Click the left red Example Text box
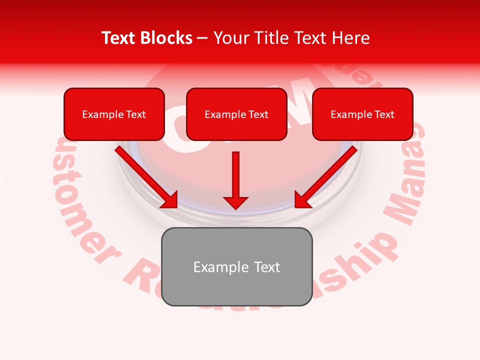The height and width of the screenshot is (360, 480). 114,114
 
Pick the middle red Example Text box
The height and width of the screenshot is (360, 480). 236,114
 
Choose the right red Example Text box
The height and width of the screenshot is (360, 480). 362,114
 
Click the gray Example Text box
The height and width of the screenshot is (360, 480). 237,266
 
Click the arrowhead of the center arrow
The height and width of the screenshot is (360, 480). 235,202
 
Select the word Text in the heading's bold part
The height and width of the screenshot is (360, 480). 119,38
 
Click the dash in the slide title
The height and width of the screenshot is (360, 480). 202,38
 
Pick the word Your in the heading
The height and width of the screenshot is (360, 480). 229,38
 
